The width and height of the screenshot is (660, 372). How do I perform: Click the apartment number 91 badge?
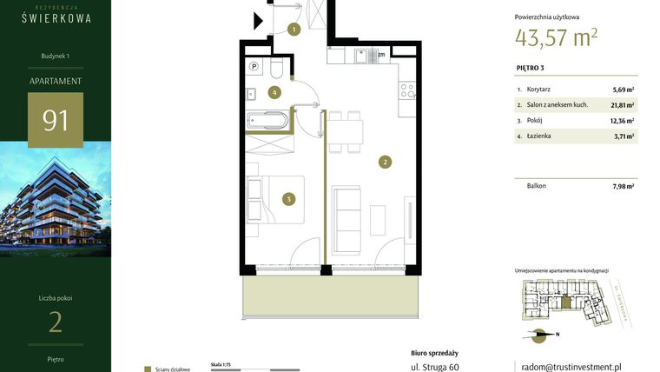point(56,119)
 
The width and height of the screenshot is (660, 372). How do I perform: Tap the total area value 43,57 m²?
point(556,37)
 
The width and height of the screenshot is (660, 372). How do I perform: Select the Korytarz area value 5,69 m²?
point(623,90)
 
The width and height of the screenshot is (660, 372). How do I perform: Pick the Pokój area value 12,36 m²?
point(622,121)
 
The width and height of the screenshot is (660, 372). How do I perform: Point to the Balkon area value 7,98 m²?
point(623,186)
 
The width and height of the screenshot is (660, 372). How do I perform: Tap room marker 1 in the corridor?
point(294,30)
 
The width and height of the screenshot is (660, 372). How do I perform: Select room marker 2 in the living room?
point(384,161)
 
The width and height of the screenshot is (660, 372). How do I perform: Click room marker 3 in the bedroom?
point(289,199)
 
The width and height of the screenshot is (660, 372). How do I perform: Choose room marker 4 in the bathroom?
point(274,91)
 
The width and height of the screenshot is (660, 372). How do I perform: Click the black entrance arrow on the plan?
point(259,22)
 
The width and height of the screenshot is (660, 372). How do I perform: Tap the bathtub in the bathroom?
point(266,120)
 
